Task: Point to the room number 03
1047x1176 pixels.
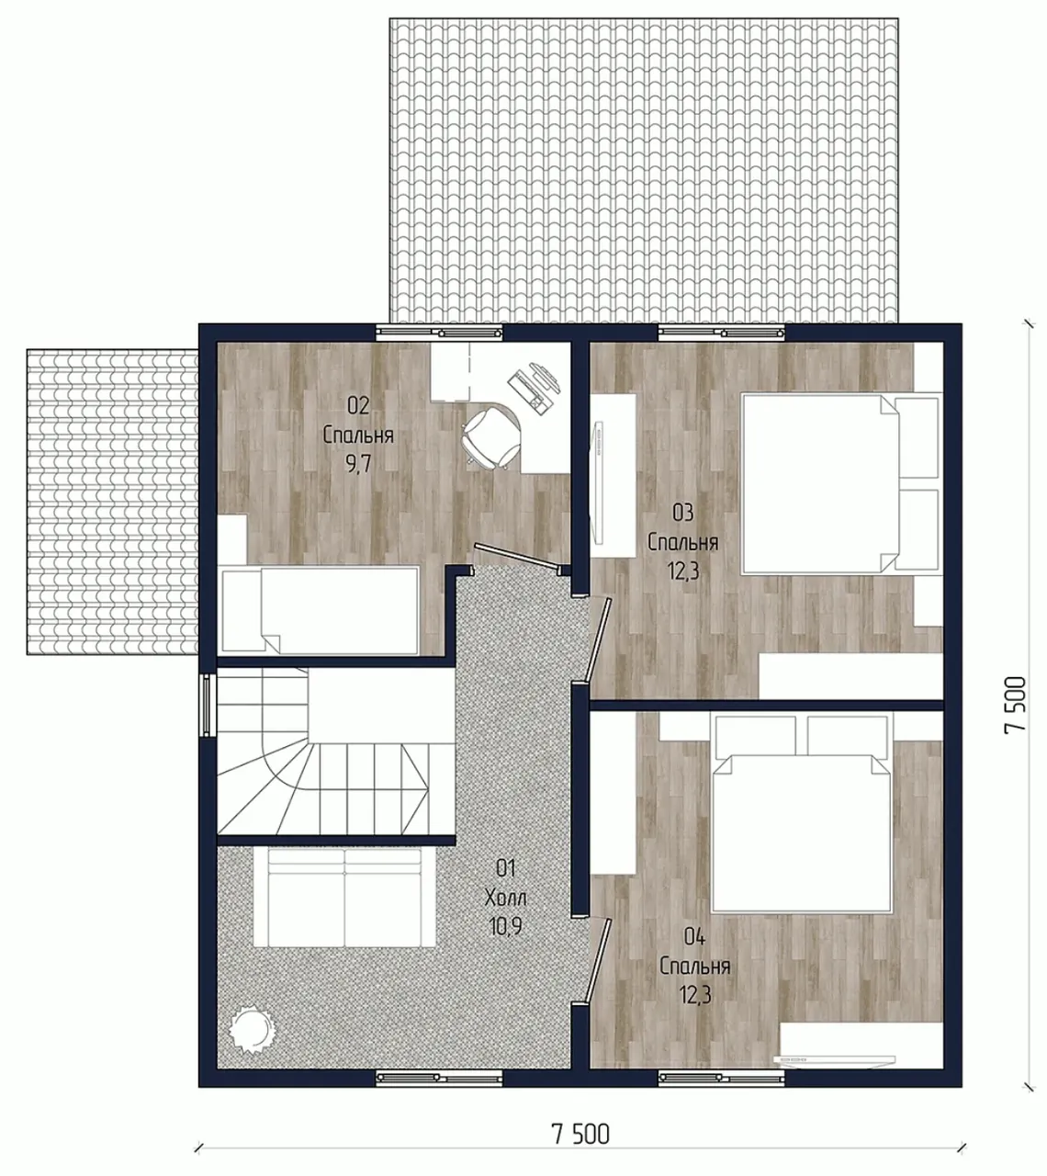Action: tap(683, 512)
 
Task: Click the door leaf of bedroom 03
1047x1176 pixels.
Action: tap(597, 639)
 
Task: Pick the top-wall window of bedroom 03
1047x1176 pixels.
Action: tap(721, 333)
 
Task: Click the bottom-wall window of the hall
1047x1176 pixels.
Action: tap(439, 1078)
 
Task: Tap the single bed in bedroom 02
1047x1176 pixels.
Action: tap(321, 611)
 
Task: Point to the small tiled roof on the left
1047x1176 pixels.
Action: tap(112, 503)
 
